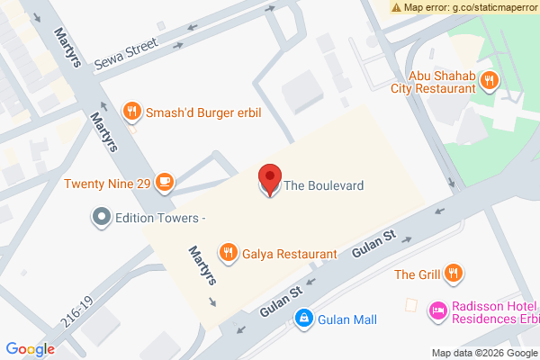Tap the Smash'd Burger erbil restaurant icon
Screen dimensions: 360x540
[x=132, y=112]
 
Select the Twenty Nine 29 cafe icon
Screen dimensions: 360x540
[x=163, y=183]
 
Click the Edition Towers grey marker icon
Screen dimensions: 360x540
[x=102, y=217]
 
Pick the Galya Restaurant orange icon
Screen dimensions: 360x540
[x=229, y=253]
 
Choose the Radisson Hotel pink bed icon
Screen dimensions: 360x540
[x=438, y=310]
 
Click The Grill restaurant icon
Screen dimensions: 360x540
[x=455, y=272]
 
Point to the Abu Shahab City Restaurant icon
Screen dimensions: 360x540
[x=489, y=81]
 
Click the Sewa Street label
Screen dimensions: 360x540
[x=126, y=56]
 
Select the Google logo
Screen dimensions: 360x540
[x=31, y=349]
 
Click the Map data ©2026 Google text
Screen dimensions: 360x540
[x=481, y=352]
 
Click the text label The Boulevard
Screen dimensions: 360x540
[x=324, y=186]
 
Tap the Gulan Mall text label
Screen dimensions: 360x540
[x=346, y=319]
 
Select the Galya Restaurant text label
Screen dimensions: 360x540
[x=290, y=254]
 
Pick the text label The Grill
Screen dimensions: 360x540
[x=417, y=273]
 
